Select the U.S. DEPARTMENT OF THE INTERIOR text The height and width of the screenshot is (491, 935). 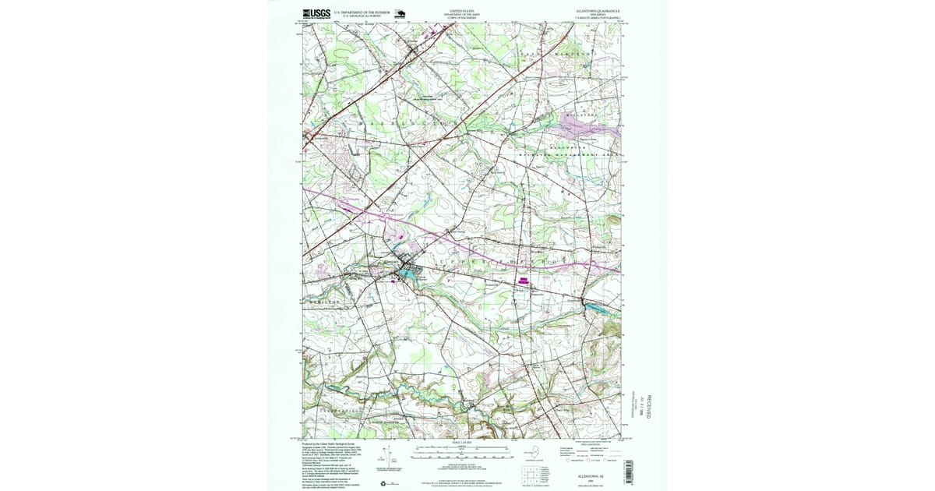coord(361,12)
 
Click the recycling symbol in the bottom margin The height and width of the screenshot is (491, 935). coord(383,483)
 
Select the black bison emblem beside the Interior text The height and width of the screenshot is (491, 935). coord(400,12)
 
